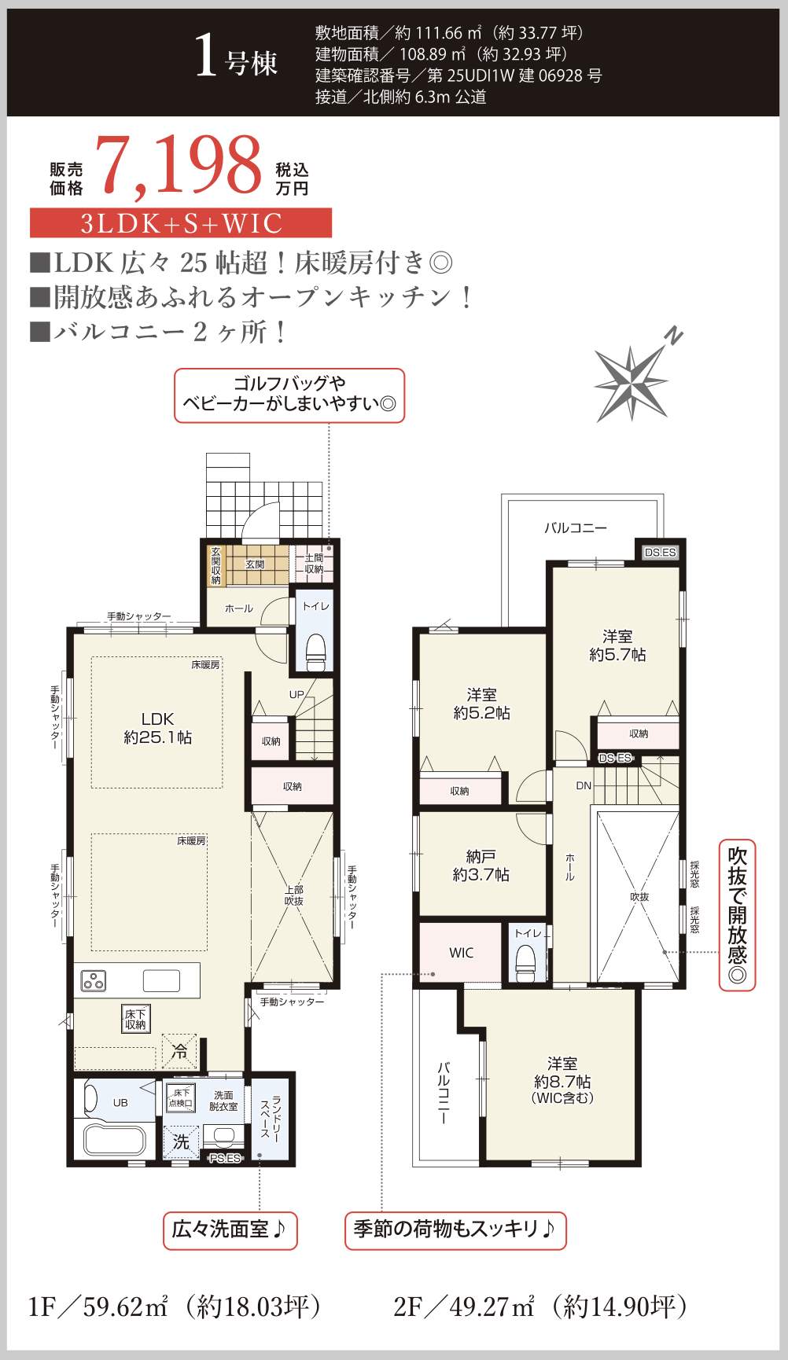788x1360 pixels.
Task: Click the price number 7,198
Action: [178, 166]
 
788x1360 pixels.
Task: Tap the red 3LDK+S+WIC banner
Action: [181, 223]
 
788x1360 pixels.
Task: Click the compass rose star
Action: [632, 382]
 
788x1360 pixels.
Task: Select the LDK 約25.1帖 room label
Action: [157, 728]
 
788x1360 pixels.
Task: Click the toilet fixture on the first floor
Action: [315, 652]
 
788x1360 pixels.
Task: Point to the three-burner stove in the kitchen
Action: [94, 980]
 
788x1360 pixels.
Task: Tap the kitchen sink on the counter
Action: [161, 980]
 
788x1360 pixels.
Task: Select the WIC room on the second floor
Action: [461, 953]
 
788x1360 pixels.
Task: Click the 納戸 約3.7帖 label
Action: [481, 866]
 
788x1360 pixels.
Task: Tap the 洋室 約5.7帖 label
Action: [617, 645]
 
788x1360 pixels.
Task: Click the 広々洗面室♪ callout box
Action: [230, 1230]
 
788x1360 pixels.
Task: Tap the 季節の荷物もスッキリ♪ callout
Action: [455, 1230]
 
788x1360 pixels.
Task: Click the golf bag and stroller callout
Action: [289, 395]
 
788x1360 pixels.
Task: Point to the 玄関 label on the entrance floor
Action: [255, 564]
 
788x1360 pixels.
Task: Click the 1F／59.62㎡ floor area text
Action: [175, 1307]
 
